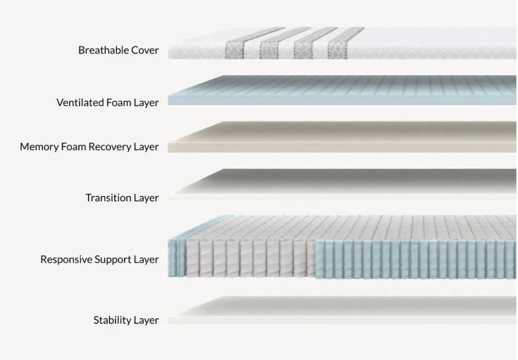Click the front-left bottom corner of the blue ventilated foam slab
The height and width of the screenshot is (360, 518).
(168, 105)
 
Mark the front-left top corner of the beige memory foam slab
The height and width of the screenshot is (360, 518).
(168, 143)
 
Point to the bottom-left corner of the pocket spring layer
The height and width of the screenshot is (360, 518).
(168, 276)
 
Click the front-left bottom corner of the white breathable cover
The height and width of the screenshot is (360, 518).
(169, 59)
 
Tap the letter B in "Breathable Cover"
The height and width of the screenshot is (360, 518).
(81, 50)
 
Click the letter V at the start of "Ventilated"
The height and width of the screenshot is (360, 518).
(60, 103)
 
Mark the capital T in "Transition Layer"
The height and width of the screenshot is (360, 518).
(89, 198)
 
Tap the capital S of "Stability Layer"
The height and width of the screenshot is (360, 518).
(96, 320)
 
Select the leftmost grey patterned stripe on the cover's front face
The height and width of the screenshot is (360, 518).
(235, 50)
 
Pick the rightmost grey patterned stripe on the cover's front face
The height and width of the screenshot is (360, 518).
(337, 50)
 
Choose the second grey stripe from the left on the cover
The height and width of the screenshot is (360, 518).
(269, 50)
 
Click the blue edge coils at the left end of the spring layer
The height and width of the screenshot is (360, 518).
(177, 258)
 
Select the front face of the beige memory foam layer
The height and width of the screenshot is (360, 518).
(342, 147)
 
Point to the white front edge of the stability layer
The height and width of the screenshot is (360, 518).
(342, 320)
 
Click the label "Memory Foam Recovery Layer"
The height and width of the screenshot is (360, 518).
(89, 147)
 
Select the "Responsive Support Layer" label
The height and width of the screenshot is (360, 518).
(100, 259)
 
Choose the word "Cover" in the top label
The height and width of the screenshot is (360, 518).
(145, 50)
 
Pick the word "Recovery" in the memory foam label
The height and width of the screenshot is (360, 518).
(111, 147)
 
